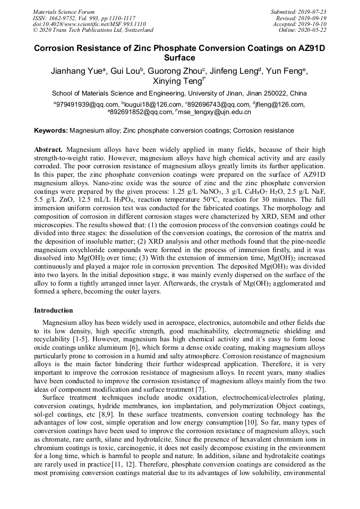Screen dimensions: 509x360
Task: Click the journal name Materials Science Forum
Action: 64,12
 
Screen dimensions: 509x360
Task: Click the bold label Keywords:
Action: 51,131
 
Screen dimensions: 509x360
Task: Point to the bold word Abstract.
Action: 48,150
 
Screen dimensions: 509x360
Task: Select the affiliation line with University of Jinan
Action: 179,93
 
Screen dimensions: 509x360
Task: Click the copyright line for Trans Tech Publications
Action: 93,30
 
